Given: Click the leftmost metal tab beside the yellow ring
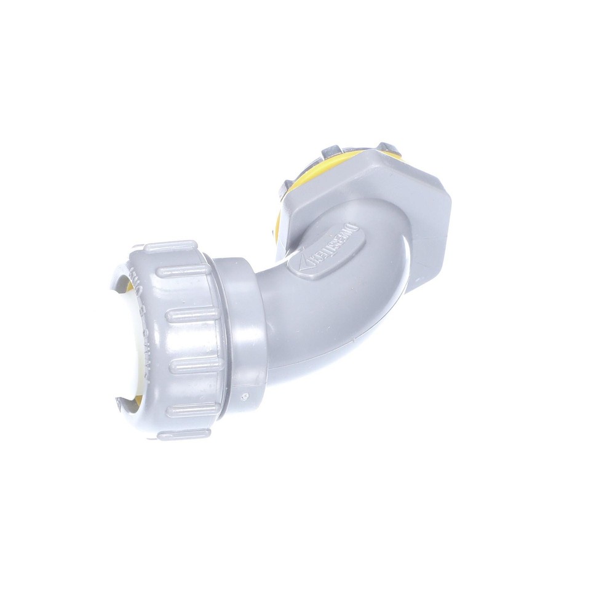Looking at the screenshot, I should click(284, 186).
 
